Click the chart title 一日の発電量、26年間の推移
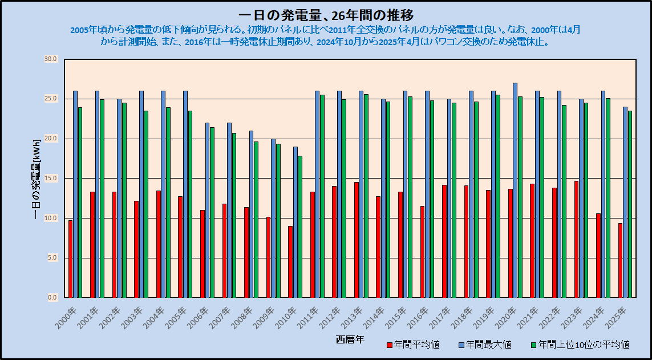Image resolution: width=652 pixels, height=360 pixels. coord(326,15)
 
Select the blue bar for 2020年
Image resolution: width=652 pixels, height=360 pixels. coord(515,190)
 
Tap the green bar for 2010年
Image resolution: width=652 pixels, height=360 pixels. coord(300,226)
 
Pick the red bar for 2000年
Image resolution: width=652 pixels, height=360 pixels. coord(70,259)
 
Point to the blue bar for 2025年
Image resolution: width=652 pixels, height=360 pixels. coord(625,202)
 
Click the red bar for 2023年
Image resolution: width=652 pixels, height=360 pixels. coord(576,239)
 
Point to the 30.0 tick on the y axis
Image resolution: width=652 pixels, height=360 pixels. coord(51,59)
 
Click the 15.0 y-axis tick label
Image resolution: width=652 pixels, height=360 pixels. coord(51,179)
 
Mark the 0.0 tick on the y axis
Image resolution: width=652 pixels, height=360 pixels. coord(52,297)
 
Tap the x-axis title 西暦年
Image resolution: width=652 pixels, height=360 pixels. coord(350,340)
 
